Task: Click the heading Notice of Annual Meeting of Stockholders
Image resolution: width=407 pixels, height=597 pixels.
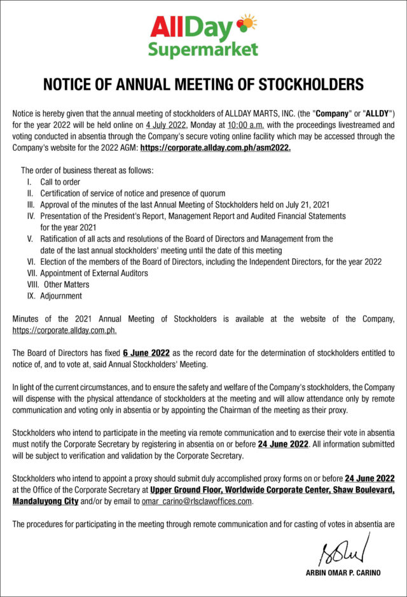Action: pyautogui.click(x=203, y=84)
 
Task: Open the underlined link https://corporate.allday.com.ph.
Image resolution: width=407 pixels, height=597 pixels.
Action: pyautogui.click(x=64, y=330)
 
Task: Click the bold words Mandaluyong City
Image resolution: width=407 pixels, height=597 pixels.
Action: pyautogui.click(x=45, y=502)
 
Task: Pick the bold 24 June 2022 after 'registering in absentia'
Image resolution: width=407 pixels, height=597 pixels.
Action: pyautogui.click(x=283, y=444)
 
